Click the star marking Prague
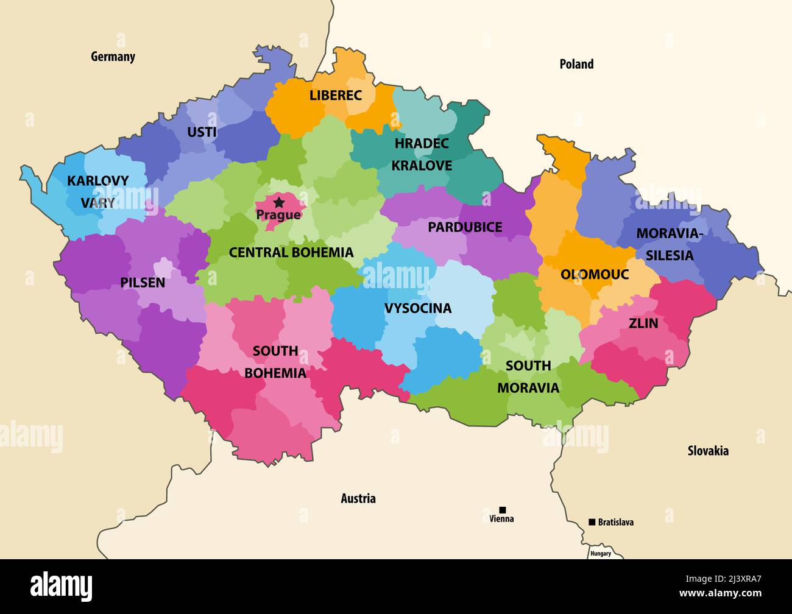coord(279,202)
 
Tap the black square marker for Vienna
coord(503,510)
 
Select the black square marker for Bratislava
coord(592,522)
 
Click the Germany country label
coord(113,57)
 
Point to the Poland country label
coord(576,64)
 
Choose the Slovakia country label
coord(708,451)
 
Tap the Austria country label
coord(358,498)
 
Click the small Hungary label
coord(600,553)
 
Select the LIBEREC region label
coord(335,95)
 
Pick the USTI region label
coord(202,132)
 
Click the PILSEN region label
coord(143,282)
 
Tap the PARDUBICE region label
coord(465,227)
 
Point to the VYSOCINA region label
coord(418,308)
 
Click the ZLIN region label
coord(643,323)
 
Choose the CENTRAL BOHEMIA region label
coord(291,252)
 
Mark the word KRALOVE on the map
coord(422,166)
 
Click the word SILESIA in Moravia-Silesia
coord(670,255)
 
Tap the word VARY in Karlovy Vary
coord(98,203)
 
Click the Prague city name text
coord(278,215)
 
